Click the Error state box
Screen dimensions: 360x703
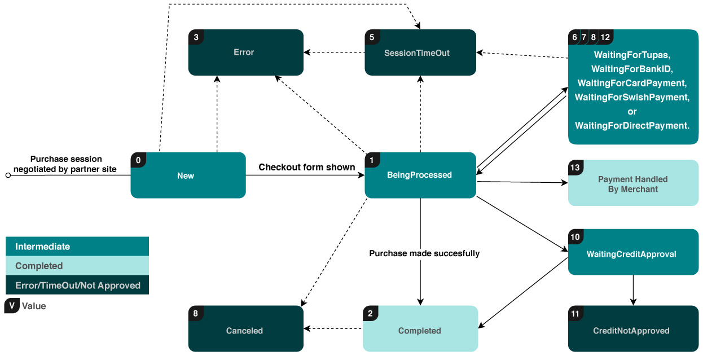[x=245, y=52]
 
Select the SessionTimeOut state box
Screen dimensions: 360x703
[x=420, y=52]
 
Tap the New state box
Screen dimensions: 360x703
[x=188, y=175]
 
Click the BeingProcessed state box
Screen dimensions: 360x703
[x=420, y=175]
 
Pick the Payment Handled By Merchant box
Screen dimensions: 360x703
[x=632, y=184]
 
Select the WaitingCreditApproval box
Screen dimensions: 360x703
[x=632, y=253]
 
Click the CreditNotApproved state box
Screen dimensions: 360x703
[x=632, y=330]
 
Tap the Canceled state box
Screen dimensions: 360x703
[x=245, y=330]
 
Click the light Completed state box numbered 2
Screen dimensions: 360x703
[x=420, y=330]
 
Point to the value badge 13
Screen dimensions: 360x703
[x=575, y=168]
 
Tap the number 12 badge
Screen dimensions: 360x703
[x=605, y=37]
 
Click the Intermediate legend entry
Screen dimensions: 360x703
[x=77, y=247]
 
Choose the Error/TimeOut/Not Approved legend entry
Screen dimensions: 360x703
[x=77, y=285]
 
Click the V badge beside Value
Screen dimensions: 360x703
[x=11, y=306]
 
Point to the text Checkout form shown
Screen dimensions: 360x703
[x=306, y=167]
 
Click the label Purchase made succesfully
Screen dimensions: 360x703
[x=424, y=253]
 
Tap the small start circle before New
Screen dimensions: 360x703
[x=8, y=175]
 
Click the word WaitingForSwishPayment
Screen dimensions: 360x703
[x=632, y=97]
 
